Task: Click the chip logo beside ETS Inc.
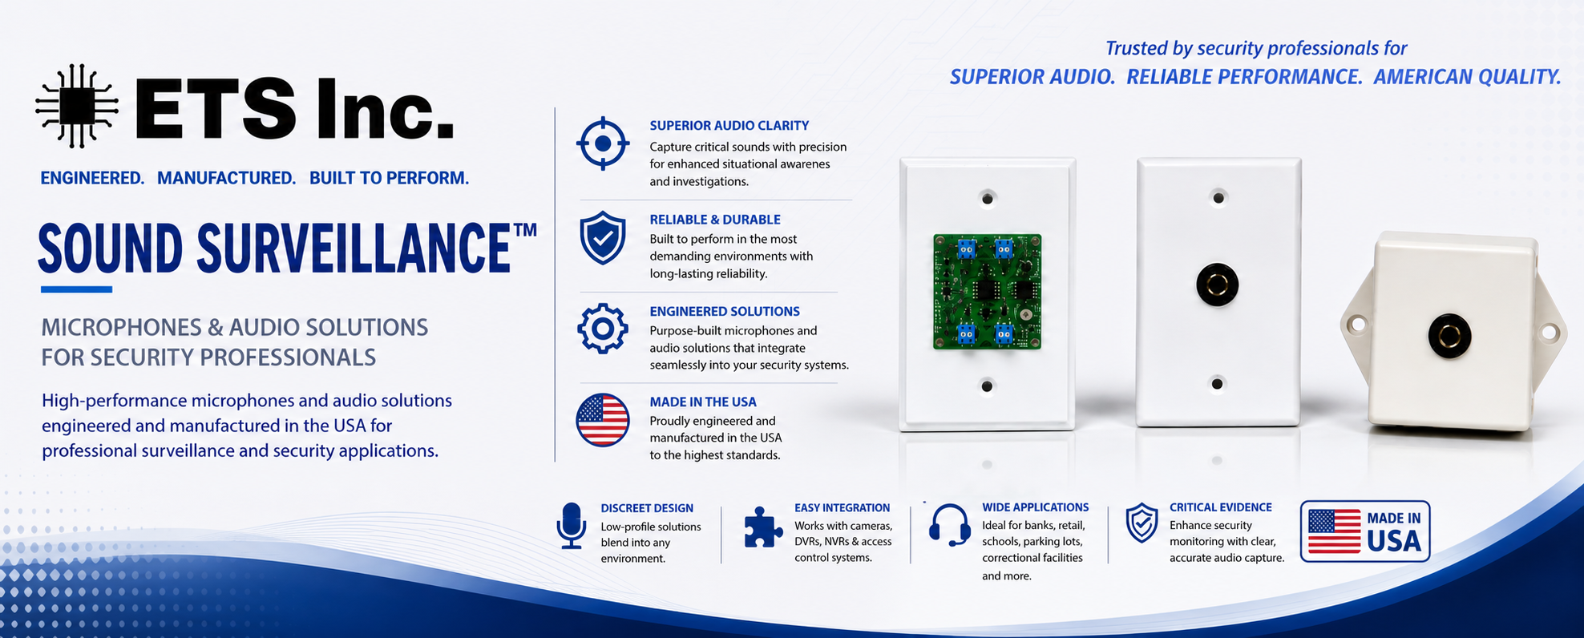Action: [x=77, y=106]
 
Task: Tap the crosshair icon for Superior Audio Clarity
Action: [x=603, y=143]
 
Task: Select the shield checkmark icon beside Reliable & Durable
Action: [x=603, y=238]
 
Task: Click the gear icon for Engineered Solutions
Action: [x=603, y=329]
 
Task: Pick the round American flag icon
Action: [x=603, y=419]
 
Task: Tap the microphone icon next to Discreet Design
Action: [x=572, y=526]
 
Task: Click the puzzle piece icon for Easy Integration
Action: [x=763, y=527]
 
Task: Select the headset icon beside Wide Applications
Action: [x=950, y=525]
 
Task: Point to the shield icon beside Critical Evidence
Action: [x=1142, y=523]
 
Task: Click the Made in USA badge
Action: [x=1365, y=531]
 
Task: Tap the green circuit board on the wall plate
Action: [x=987, y=292]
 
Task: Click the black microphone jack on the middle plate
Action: [x=1218, y=285]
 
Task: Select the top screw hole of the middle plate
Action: [x=1218, y=197]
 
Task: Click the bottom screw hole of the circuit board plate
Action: [x=987, y=386]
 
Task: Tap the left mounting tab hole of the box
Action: [x=1356, y=325]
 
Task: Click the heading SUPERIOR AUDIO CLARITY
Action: [x=729, y=126]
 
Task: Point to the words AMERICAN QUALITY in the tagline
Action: [x=1467, y=77]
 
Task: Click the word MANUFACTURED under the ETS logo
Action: [x=227, y=178]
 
